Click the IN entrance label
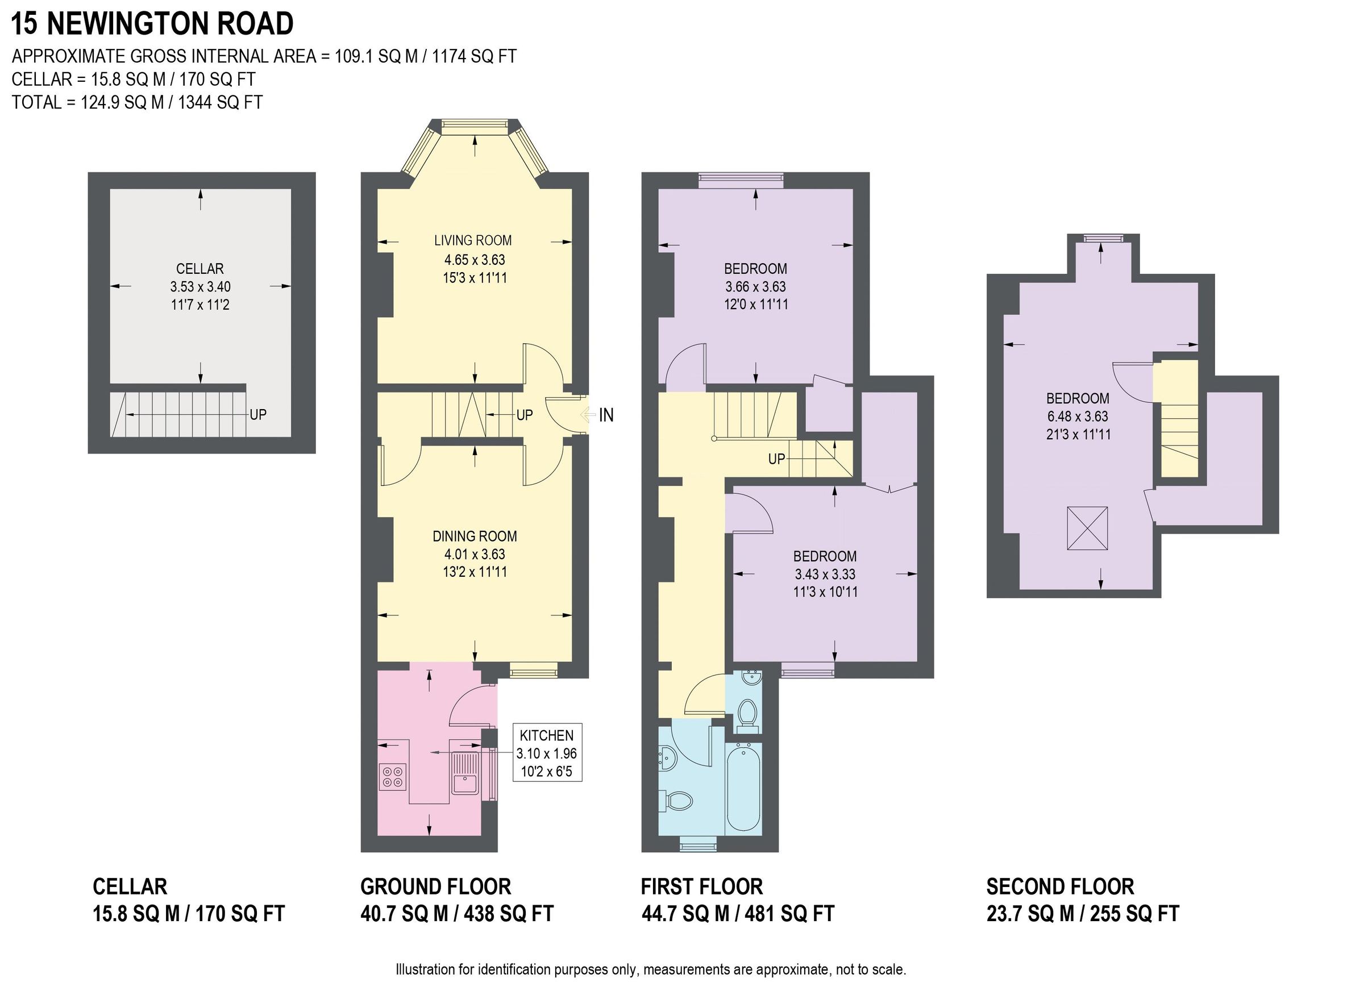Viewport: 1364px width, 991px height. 606,415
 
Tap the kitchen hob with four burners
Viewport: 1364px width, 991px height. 393,776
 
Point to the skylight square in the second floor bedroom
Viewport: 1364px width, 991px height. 1087,528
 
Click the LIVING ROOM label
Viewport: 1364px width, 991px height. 473,240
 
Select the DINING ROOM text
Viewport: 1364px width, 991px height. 475,536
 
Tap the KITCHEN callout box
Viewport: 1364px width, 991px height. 547,752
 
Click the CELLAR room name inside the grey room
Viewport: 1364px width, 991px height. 199,269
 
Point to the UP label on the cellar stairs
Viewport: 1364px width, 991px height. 258,414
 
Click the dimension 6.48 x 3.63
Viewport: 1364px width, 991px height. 1077,416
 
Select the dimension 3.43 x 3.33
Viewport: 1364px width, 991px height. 825,574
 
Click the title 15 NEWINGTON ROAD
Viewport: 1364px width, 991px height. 152,24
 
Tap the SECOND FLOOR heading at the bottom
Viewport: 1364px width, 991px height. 1060,886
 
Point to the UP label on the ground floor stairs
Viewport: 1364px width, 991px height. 525,415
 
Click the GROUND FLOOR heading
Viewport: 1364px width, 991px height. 435,886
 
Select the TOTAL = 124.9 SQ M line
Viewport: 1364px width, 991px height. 137,102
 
